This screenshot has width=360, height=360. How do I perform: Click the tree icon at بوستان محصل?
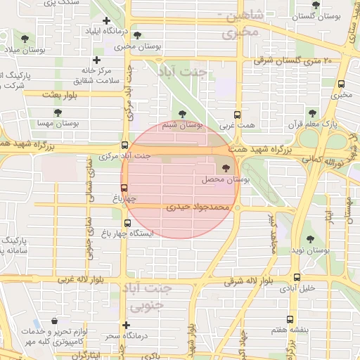(226, 168)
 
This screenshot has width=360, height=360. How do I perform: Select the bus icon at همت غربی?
(236, 114)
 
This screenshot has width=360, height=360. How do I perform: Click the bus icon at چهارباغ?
(124, 188)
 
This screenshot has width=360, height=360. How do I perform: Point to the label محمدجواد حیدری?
(198, 208)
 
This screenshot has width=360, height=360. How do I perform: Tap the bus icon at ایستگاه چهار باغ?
(127, 224)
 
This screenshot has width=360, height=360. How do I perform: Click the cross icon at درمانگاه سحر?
(126, 325)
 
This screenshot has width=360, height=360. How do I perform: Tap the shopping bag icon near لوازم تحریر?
(54, 321)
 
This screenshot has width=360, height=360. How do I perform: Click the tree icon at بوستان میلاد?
(25, 38)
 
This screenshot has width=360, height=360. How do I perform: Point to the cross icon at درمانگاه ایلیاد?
(105, 22)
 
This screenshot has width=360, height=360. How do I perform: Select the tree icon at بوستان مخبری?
(136, 35)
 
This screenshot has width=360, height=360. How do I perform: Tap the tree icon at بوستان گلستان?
(316, 4)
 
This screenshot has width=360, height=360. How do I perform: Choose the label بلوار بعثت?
(62, 94)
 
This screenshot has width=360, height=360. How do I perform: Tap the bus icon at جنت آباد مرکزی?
(125, 145)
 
